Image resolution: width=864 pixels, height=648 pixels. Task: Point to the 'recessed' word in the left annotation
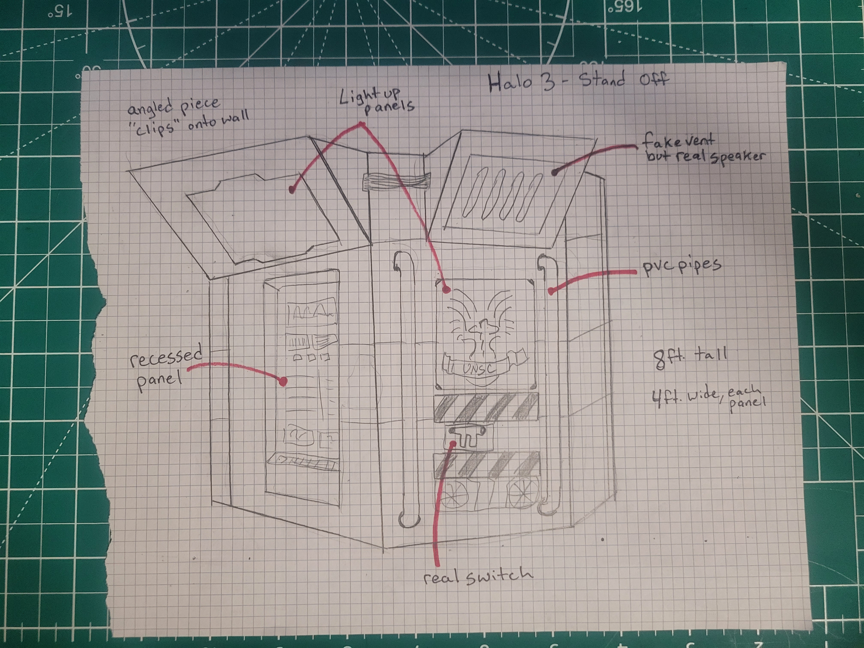tap(166, 356)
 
